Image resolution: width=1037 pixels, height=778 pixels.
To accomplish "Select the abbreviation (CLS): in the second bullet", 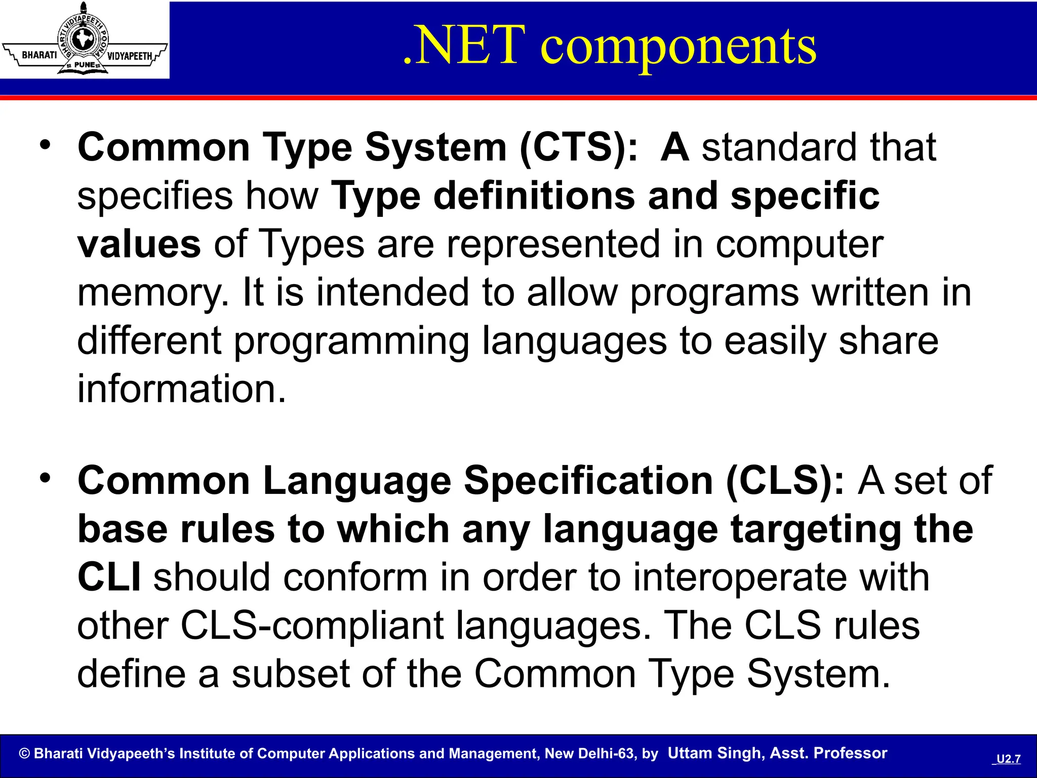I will tap(785, 481).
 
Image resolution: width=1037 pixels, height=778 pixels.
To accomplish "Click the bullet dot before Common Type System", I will tap(46, 145).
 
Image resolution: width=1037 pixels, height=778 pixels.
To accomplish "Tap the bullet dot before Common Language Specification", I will tap(46, 478).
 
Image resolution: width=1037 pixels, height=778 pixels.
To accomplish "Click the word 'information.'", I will tap(181, 389).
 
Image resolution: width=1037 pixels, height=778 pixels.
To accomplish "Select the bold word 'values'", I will tap(139, 245).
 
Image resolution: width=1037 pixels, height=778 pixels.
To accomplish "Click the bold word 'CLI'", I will tap(109, 577).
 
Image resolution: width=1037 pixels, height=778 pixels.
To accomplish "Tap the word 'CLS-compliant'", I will tap(312, 626).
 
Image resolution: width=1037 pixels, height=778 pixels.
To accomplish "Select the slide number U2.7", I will tap(1008, 759).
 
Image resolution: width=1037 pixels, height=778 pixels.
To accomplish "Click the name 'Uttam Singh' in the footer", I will tap(715, 753).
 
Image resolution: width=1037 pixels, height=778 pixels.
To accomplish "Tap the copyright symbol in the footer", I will tap(24, 754).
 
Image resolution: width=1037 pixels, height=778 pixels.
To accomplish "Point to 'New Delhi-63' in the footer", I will tap(589, 754).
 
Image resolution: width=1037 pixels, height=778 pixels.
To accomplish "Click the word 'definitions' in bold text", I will tap(534, 197).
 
